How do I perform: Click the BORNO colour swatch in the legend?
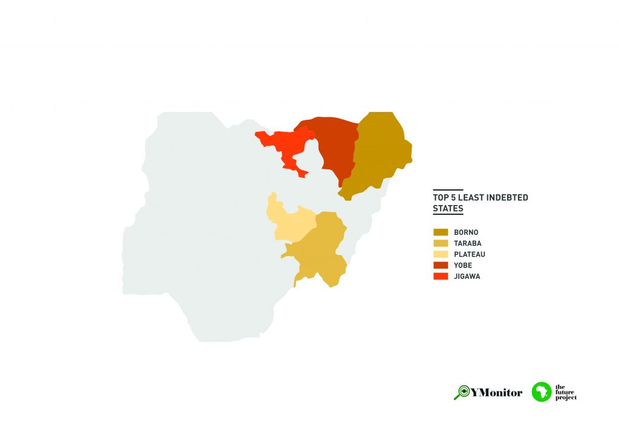pos(441,232)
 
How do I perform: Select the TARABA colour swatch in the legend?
pos(441,243)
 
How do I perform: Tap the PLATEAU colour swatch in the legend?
pos(441,254)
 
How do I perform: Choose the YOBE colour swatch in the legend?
pos(441,265)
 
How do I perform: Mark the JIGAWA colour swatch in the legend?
pos(441,276)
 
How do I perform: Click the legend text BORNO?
pos(466,232)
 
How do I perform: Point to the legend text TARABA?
pos(467,243)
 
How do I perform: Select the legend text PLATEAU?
pos(470,254)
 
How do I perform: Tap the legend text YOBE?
pos(463,265)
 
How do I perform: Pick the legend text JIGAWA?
pos(467,276)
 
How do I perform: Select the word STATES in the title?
pos(448,209)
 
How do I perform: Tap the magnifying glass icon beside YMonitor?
pos(462,392)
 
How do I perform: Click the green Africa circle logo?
pos(542,391)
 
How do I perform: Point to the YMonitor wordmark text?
pos(497,393)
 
